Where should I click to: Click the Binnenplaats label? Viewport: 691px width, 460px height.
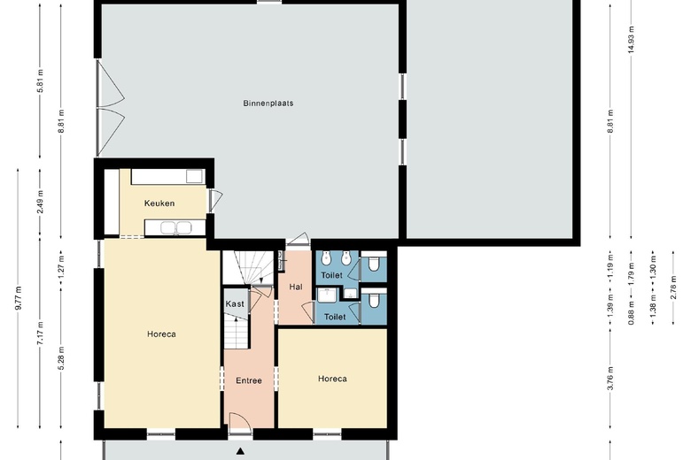pos(268,103)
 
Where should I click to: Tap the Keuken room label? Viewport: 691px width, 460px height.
pos(159,203)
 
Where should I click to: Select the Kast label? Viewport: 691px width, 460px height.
pos(235,304)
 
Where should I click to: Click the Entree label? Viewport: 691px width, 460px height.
pos(248,381)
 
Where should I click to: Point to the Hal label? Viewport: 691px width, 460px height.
pos(296,287)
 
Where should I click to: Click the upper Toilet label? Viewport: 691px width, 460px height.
pos(331,276)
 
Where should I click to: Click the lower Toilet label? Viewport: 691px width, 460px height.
pos(335,317)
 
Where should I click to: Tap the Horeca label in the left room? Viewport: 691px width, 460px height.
pos(161,334)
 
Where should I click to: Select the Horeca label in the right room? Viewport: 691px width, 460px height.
pos(332,379)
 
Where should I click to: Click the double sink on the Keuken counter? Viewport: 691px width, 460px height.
pos(175,228)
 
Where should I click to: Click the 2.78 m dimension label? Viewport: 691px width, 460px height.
pos(672,289)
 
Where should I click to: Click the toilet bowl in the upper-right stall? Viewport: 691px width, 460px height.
pos(375,264)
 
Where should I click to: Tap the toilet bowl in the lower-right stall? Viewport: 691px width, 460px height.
pos(375,306)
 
